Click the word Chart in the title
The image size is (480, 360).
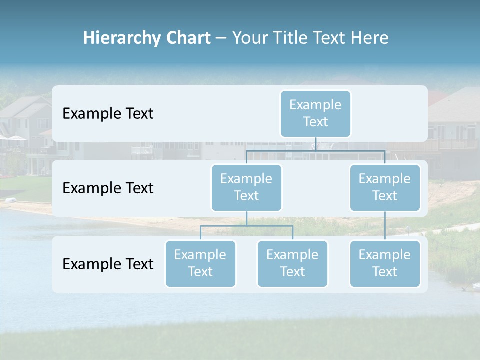pyautogui.click(x=187, y=38)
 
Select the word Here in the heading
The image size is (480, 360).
pyautogui.click(x=369, y=38)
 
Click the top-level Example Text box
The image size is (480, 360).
pyautogui.click(x=315, y=113)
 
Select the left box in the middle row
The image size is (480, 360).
pyautogui.click(x=246, y=187)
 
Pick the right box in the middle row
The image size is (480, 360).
pyautogui.click(x=385, y=187)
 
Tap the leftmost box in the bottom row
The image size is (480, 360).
pyautogui.click(x=200, y=263)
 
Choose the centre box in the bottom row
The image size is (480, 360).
pyautogui.click(x=292, y=263)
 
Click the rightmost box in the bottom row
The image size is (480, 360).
pyautogui.click(x=385, y=263)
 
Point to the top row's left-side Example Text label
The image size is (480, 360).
pyautogui.click(x=108, y=113)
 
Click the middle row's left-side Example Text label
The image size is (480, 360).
pyautogui.click(x=108, y=188)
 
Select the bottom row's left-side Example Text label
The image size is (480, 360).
pyautogui.click(x=108, y=264)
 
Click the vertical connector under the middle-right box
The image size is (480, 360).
pyautogui.click(x=385, y=226)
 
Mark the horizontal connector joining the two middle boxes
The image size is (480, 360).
pyautogui.click(x=316, y=150)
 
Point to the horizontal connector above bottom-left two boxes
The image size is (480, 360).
pyautogui.click(x=246, y=226)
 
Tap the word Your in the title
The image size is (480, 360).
pyautogui.click(x=250, y=38)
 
